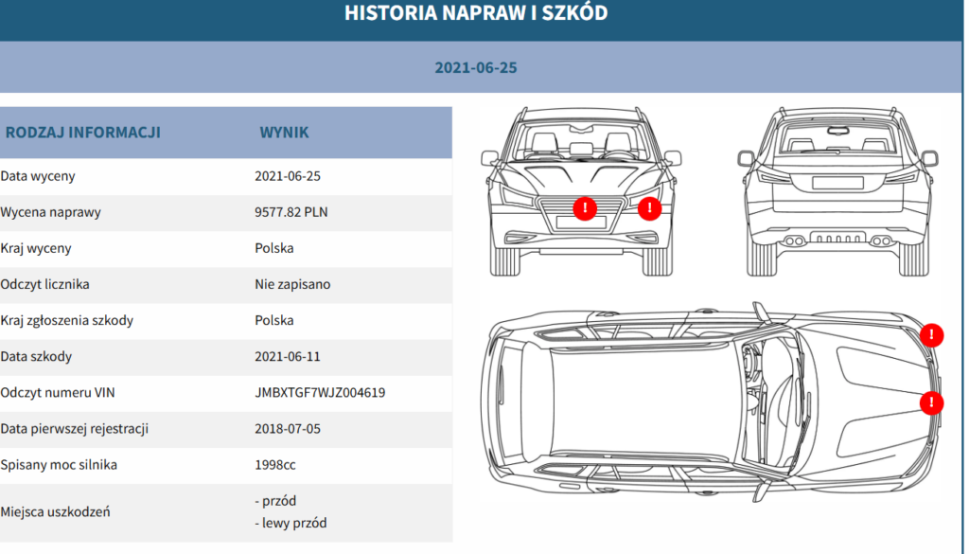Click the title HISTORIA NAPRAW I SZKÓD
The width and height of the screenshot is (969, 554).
(476, 13)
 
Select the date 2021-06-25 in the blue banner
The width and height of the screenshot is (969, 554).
(476, 67)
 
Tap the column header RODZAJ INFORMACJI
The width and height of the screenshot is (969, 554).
(83, 133)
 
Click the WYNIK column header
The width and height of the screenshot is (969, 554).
(284, 133)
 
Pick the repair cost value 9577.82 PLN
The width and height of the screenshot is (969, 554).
(291, 212)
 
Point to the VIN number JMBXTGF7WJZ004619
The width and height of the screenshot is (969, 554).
(320, 393)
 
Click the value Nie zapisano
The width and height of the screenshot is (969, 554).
(292, 284)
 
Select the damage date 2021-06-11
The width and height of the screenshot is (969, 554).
(288, 357)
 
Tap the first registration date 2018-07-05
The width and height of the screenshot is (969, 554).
(288, 429)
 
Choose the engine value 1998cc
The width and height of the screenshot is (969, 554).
(275, 465)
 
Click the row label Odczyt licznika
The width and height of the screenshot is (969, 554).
(44, 284)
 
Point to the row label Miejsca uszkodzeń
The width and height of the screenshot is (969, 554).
(55, 512)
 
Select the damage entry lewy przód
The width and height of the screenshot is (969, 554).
(294, 523)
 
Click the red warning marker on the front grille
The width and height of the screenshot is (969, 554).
(585, 208)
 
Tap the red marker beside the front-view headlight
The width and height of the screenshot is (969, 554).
(649, 208)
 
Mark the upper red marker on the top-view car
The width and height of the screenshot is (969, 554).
(931, 335)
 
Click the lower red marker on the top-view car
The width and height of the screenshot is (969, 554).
(931, 403)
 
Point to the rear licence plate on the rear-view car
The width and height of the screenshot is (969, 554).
(837, 183)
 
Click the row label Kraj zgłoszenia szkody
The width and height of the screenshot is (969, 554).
(67, 321)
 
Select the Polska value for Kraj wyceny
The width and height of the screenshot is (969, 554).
(273, 248)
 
